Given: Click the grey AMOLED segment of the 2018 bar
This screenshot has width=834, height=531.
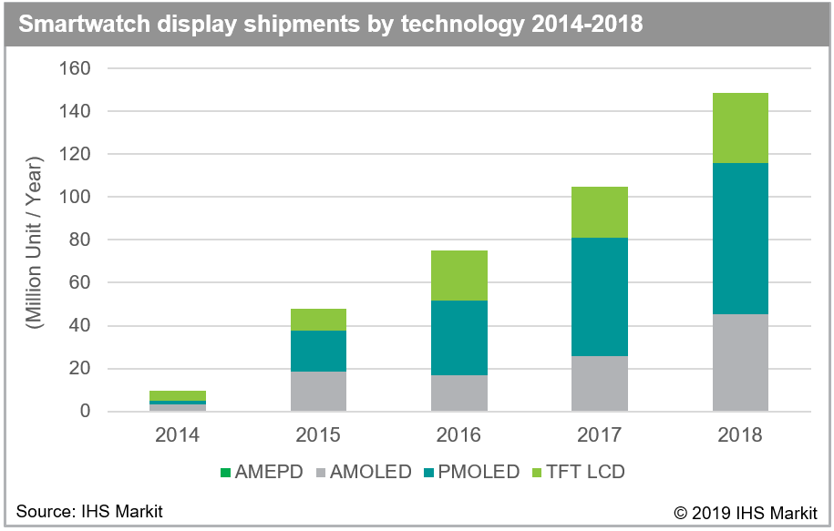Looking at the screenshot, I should pos(740,363).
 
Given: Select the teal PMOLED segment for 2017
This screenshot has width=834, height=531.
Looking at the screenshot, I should pos(600,297).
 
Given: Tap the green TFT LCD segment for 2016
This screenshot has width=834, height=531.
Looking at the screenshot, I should pos(459,275).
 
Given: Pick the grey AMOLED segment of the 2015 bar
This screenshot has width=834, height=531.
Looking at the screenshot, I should pos(318,391).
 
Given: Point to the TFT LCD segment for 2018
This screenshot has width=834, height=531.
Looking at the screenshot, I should pos(740,128).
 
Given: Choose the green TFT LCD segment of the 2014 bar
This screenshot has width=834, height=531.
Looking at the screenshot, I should pos(178,395).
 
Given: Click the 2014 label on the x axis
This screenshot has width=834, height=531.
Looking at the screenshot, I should pos(178,434).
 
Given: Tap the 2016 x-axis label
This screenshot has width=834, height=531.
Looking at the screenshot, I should pos(459,434).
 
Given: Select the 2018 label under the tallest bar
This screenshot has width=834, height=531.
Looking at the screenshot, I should pos(740,434).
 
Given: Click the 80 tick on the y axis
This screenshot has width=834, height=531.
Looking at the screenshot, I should pos(79,240).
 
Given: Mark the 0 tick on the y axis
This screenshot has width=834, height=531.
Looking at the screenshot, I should pos(85,412).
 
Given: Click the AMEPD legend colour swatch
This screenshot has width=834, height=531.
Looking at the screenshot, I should pos(225,472).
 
